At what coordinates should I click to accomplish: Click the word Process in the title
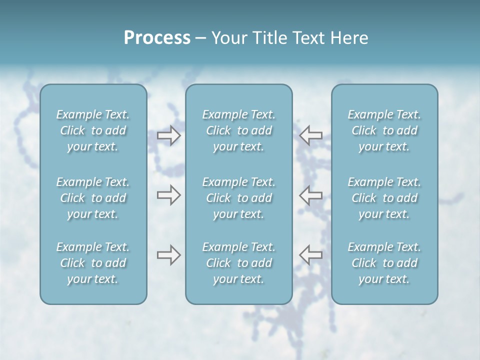157,38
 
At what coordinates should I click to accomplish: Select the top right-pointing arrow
168,135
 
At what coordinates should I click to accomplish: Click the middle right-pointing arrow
168,195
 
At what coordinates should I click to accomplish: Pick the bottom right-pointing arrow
168,255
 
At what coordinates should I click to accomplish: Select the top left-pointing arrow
311,135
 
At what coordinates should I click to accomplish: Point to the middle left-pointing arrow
311,195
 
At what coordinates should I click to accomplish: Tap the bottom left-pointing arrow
311,254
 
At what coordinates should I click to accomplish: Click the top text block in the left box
93,130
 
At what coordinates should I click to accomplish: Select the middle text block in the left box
93,198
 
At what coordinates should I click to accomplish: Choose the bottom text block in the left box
93,263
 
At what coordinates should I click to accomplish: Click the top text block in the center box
239,130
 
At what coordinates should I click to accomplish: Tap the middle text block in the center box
239,198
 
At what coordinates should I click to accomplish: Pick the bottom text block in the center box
239,263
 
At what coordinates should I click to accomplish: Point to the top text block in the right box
384,130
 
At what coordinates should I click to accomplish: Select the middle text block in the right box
384,198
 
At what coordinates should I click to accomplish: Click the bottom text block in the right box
384,263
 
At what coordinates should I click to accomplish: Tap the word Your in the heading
227,38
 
